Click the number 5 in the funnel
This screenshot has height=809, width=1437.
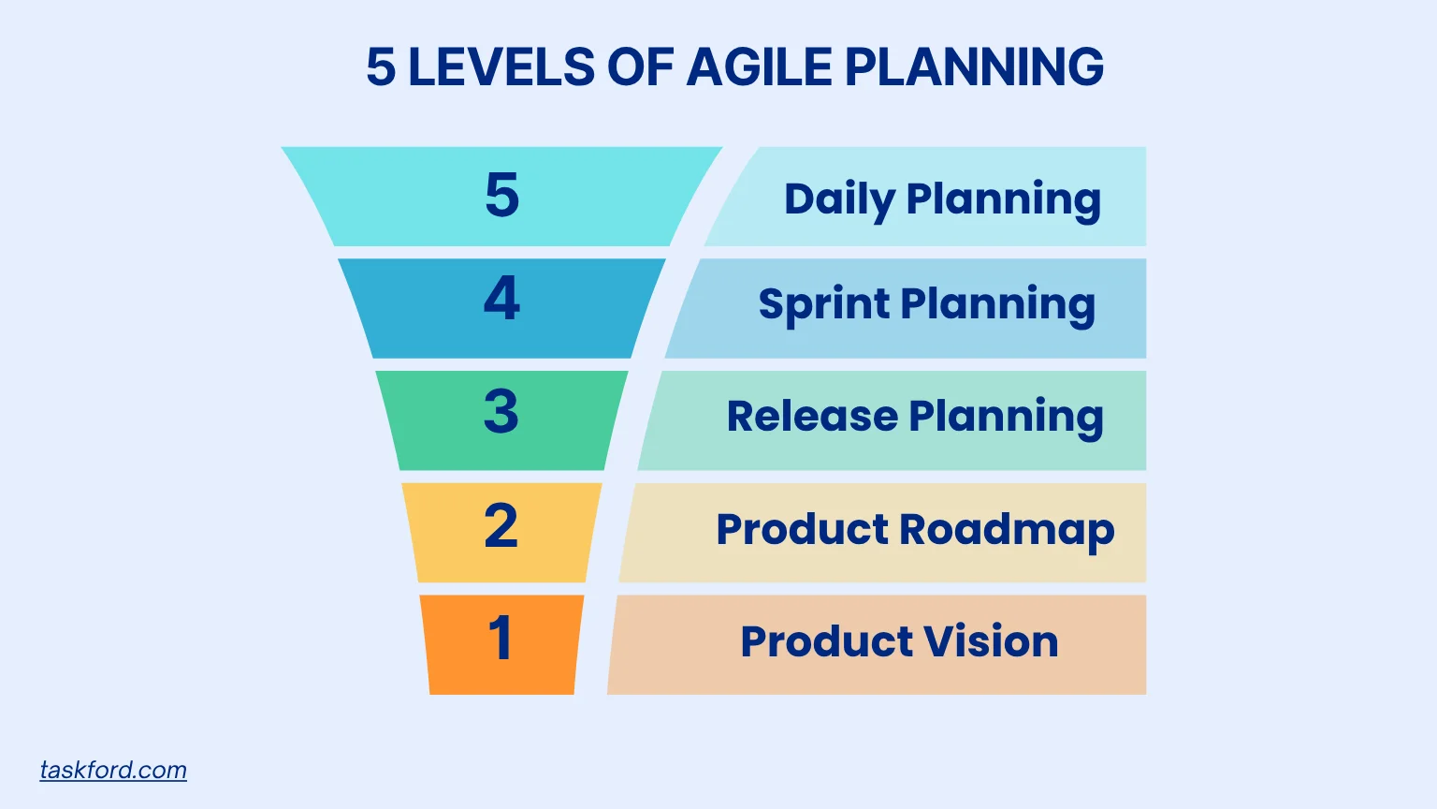tap(501, 196)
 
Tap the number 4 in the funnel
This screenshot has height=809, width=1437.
tap(501, 299)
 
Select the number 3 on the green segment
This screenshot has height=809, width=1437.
tap(501, 412)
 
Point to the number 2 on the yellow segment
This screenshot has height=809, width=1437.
tap(501, 526)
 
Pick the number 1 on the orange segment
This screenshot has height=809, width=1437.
tap(501, 639)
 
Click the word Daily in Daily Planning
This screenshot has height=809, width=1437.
tap(839, 199)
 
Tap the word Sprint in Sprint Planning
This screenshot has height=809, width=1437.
tap(823, 304)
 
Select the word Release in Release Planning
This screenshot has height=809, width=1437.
tap(811, 416)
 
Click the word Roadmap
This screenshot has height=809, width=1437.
tap(1007, 530)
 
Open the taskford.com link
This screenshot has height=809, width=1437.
tap(113, 770)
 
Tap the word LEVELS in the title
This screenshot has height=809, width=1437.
tap(501, 67)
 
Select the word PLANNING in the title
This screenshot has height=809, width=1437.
tap(974, 67)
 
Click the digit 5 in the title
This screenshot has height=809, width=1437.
tap(381, 67)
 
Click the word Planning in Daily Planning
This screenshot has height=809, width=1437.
tap(1003, 199)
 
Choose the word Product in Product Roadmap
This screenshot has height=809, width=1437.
tap(802, 530)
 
